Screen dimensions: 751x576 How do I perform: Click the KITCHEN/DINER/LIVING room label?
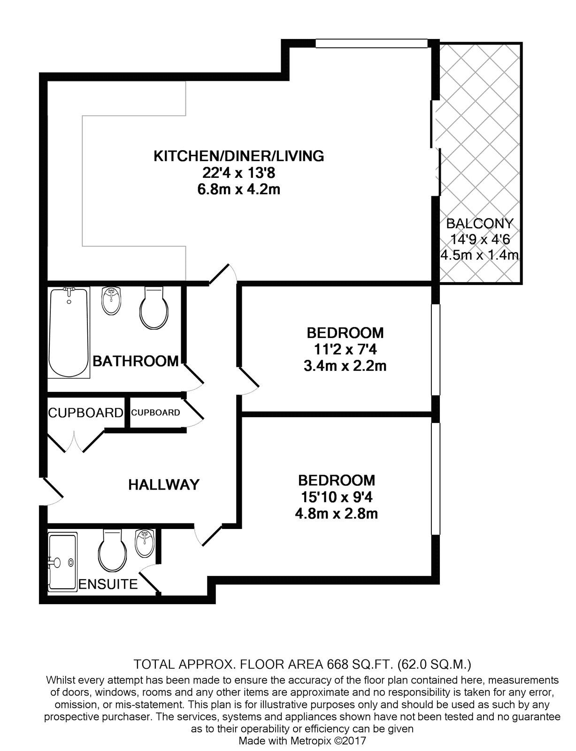tap(238, 156)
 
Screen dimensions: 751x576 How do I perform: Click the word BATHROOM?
tap(136, 361)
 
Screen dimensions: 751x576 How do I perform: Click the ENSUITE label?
tap(108, 584)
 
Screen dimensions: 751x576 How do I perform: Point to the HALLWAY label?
tap(164, 484)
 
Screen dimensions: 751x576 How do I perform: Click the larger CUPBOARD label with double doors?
tap(85, 413)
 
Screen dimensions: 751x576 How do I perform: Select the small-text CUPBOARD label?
tap(155, 413)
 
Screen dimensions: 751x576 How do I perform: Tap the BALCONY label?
tap(479, 223)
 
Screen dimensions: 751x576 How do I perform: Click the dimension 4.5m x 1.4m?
tap(479, 255)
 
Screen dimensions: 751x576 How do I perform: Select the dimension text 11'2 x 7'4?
tap(345, 349)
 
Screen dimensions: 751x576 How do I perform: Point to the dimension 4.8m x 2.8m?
tap(336, 513)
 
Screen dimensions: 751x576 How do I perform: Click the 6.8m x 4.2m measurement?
tap(238, 190)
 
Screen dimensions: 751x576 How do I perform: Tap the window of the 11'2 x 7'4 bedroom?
tap(435, 349)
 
